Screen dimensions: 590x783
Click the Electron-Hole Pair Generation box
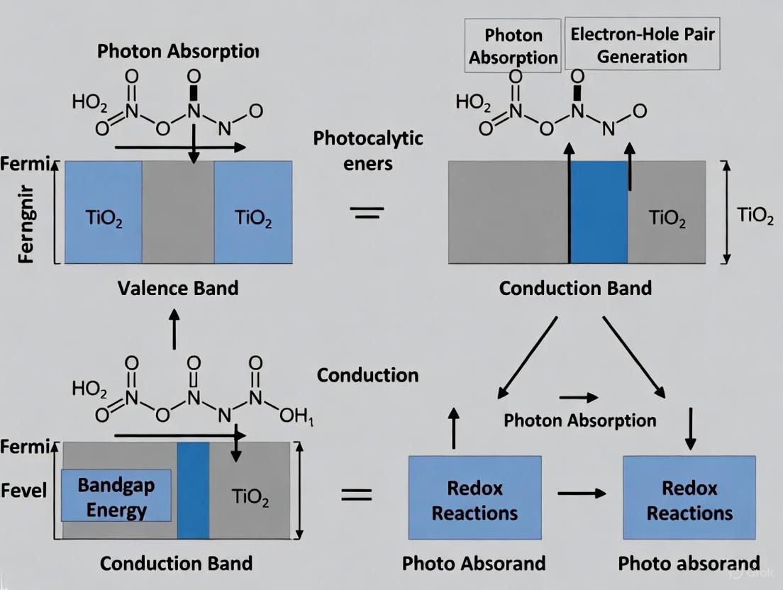pyautogui.click(x=642, y=45)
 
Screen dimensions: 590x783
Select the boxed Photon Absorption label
pyautogui.click(x=513, y=46)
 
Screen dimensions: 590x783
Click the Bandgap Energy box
pyautogui.click(x=116, y=499)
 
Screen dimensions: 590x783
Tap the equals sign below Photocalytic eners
pyautogui.click(x=368, y=212)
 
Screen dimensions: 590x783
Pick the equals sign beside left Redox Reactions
pyautogui.click(x=357, y=494)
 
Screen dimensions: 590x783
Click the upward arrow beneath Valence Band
pyautogui.click(x=174, y=330)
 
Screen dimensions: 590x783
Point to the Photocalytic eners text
pyautogui.click(x=368, y=150)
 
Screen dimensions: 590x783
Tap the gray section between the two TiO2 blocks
pyautogui.click(x=178, y=212)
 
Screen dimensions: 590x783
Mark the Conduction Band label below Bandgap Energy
pyautogui.click(x=176, y=564)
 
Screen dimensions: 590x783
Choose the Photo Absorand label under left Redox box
pyautogui.click(x=474, y=564)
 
